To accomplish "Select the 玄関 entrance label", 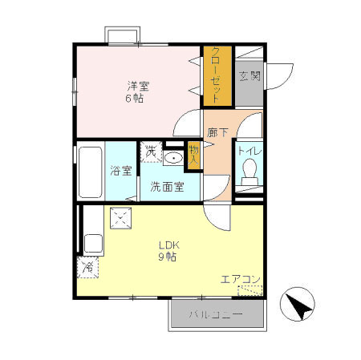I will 249,77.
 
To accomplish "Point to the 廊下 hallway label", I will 217,132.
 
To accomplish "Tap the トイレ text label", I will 249,150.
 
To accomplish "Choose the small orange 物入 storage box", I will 193,156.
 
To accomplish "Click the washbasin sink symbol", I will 173,156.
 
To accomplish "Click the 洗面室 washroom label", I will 167,188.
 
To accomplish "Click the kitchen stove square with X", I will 120,217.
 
